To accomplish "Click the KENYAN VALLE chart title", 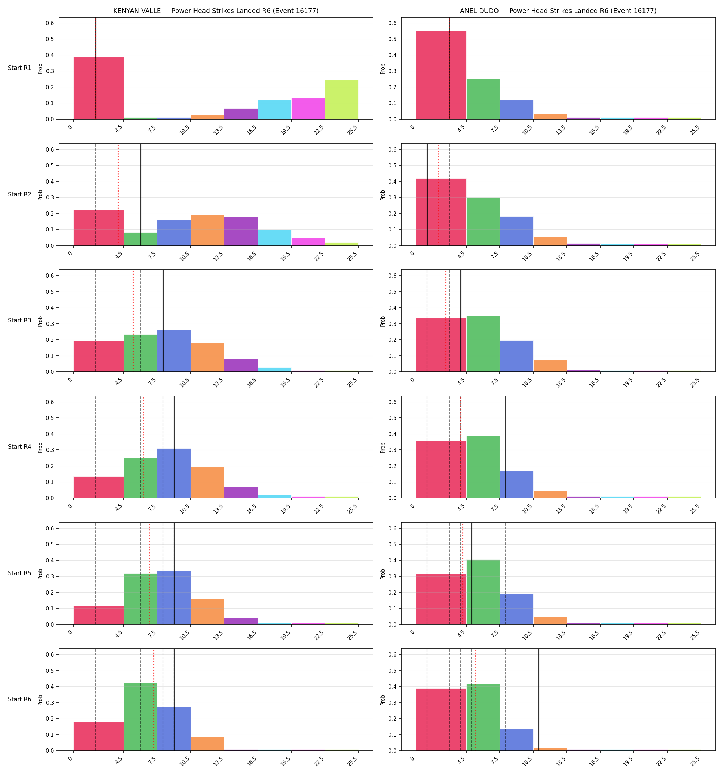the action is [x=216, y=11].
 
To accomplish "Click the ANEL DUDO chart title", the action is [x=558, y=11].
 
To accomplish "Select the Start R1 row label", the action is [x=20, y=68].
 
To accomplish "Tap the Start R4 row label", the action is [x=20, y=447].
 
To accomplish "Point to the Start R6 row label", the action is [x=20, y=699].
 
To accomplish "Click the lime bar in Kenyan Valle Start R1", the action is [x=342, y=100].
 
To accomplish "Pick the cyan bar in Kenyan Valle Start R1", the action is [x=274, y=110].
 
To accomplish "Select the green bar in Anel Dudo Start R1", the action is [x=483, y=99].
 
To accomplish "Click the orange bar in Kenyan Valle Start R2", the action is [x=207, y=230].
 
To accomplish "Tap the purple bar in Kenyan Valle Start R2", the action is [x=241, y=231].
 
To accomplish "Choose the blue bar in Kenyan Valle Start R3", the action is [x=174, y=351].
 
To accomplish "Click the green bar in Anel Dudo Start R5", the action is [x=483, y=592].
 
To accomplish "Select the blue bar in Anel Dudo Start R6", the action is [x=516, y=740].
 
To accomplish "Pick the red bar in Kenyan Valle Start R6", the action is [x=98, y=736].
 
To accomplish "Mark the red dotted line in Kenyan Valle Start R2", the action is [x=118, y=195].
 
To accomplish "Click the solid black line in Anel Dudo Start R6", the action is [x=539, y=700].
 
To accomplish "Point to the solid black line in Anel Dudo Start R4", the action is [x=505, y=447].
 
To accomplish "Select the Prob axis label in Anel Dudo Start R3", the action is [x=383, y=321].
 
